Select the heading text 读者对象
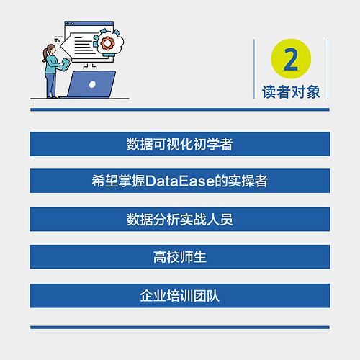291,91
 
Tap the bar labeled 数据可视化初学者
180,144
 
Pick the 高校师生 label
180,257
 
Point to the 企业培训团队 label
180,295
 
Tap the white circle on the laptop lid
92,84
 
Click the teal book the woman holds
63,66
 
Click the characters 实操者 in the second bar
249,181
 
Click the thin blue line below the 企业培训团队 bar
180,328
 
